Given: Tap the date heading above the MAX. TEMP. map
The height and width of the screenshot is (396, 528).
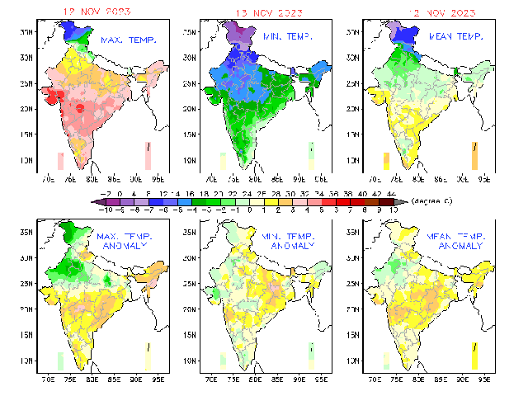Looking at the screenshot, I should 101,12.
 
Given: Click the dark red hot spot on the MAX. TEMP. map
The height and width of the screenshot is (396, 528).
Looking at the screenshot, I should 80,108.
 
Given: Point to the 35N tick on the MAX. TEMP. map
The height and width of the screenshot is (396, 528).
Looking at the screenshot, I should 26,31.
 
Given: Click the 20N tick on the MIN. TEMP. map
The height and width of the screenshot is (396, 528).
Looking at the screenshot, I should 190,109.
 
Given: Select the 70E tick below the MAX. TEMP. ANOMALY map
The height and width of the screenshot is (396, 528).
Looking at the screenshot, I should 48,382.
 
